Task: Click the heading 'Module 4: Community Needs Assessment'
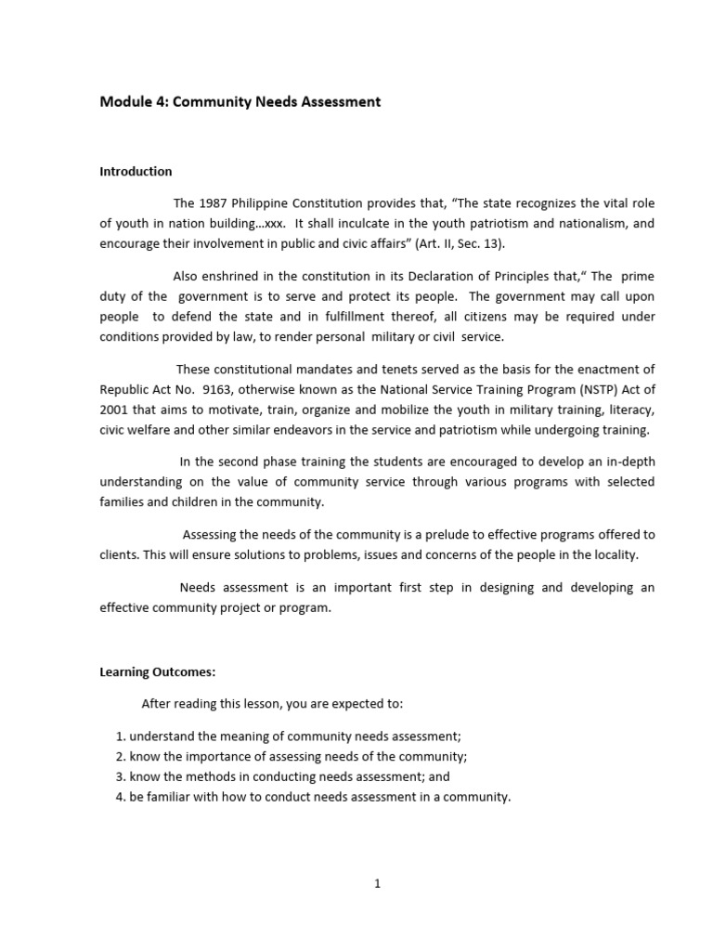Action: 240,102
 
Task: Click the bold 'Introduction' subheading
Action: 136,172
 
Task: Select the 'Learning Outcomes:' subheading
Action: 157,672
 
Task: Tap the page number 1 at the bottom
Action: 377,884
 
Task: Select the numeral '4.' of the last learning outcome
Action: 121,797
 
